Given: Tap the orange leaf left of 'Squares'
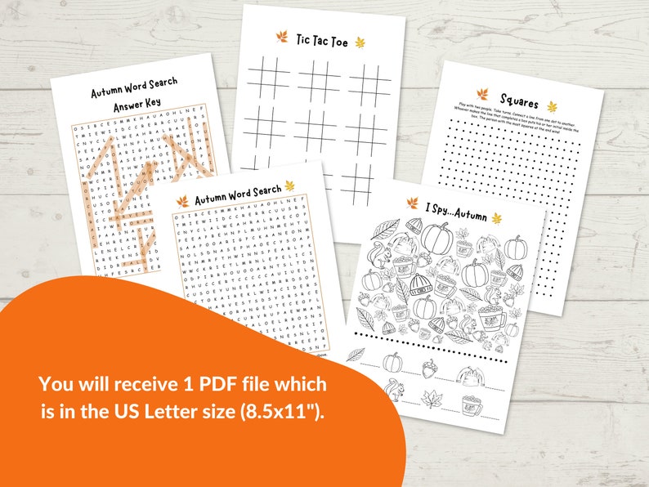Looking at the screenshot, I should tap(481, 96).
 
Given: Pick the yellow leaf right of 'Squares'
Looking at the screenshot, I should tap(552, 107).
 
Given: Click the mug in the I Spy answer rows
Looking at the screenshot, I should tap(471, 400).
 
